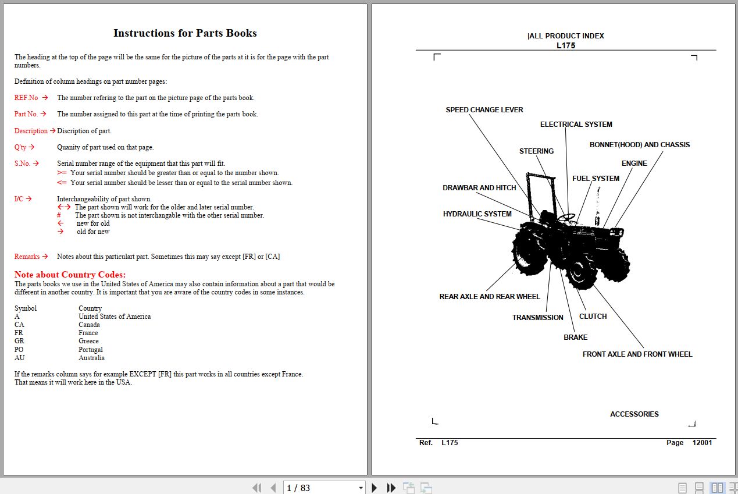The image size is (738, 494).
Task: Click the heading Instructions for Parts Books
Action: coord(185,33)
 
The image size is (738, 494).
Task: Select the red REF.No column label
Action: coord(26,98)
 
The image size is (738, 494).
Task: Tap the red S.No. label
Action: coord(23,164)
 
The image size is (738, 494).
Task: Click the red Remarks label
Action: coord(27,257)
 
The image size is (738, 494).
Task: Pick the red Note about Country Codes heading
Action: coord(70,275)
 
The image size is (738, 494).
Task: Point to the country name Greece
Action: coord(88,341)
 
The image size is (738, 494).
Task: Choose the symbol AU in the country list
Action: coord(19,358)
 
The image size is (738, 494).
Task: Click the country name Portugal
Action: coord(91,350)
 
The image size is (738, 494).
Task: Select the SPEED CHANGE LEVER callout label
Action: coord(484,110)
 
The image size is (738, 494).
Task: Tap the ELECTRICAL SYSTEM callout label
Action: coord(576,125)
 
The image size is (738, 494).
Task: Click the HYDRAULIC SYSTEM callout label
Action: coord(477,214)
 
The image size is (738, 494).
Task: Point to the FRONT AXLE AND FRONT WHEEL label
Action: coord(637,354)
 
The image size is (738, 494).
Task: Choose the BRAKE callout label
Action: coord(575,337)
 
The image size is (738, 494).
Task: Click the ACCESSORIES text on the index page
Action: coord(634,414)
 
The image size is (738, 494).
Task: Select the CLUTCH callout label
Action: coord(593,317)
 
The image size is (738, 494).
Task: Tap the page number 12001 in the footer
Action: coord(702,443)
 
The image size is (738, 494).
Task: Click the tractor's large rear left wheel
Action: coord(530,250)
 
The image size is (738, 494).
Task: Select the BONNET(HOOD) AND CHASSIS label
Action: coord(640,145)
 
